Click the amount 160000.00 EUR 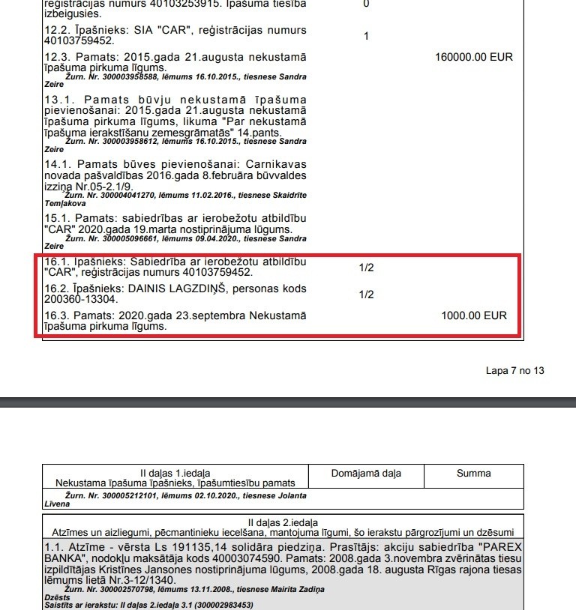[474, 58]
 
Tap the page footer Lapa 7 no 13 [514, 370]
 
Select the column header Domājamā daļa [366, 473]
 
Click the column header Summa [473, 473]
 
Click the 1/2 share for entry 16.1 [366, 268]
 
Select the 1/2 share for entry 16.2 [366, 295]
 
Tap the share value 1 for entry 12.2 [366, 36]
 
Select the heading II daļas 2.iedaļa [283, 521]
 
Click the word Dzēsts [58, 597]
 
